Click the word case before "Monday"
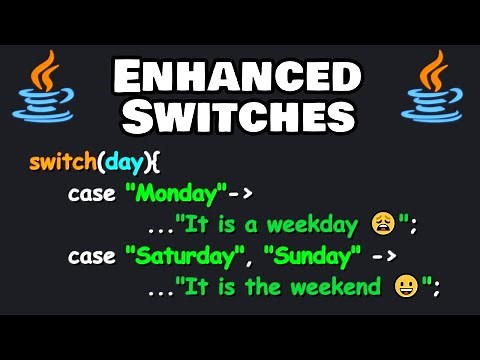[x=91, y=193]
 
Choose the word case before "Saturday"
[x=91, y=256]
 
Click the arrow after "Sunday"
[x=384, y=256]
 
